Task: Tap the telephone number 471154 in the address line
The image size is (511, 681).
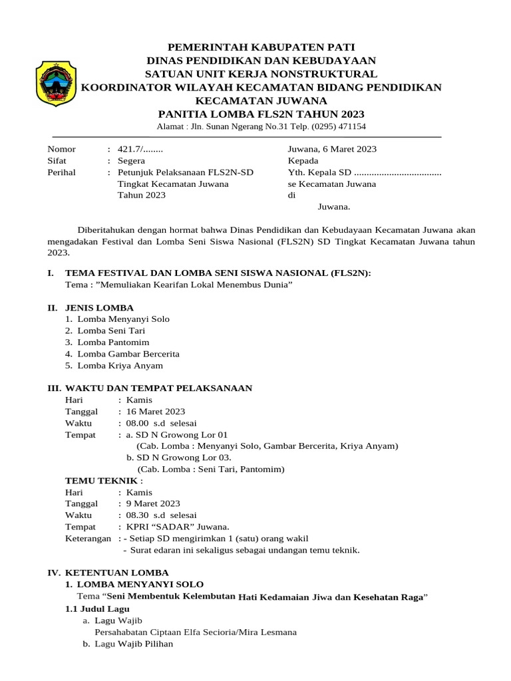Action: (x=349, y=126)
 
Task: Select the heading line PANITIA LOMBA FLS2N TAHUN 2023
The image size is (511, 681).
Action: (x=261, y=113)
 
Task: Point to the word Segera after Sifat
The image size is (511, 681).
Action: (x=131, y=161)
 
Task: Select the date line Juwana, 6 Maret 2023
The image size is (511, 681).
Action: (x=332, y=149)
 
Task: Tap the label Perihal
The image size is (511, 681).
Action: (x=61, y=173)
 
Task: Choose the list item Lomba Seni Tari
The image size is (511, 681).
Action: (x=111, y=331)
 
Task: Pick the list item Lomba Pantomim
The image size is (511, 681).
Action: (x=113, y=342)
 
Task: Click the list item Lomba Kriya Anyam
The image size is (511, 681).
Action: (x=120, y=366)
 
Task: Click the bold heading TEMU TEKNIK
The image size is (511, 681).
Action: (x=103, y=481)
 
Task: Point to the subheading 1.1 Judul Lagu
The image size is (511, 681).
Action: (x=97, y=609)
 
